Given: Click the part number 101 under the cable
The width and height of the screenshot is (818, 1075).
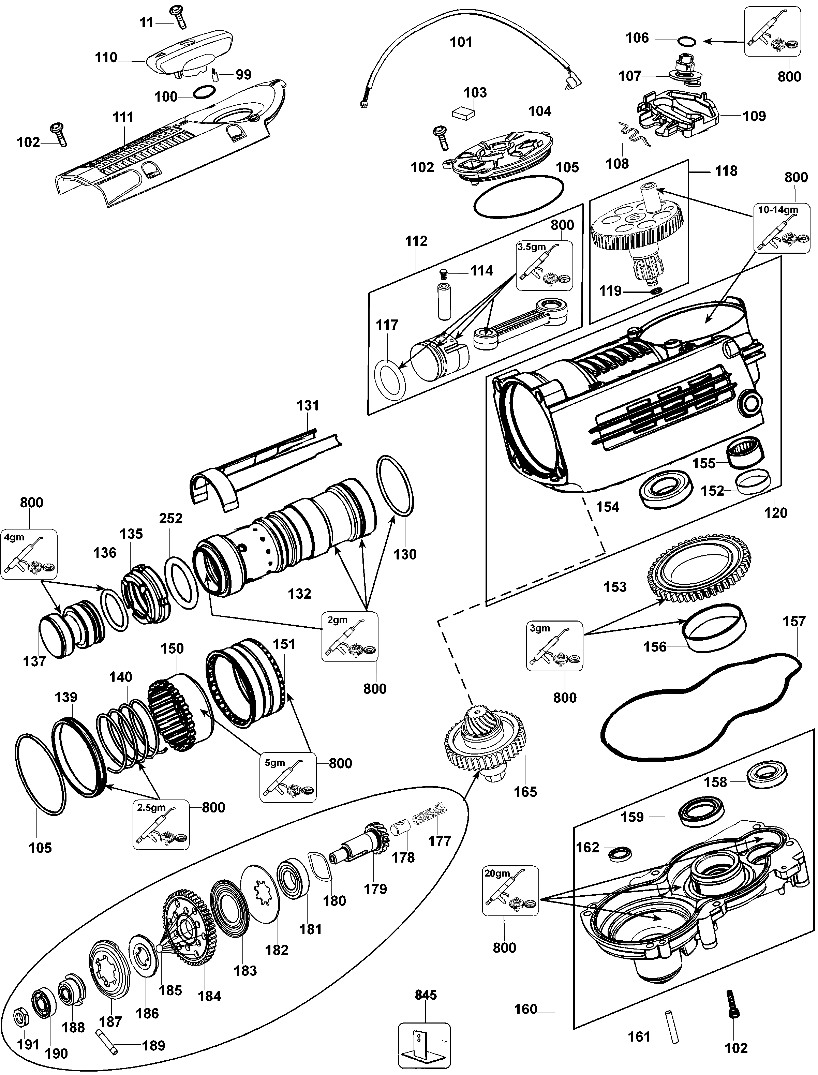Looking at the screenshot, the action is point(461,42).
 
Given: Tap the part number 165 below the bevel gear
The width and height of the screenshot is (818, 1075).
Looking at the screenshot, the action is point(526,792).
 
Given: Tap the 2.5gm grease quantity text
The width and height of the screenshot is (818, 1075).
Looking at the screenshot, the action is point(151,808).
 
